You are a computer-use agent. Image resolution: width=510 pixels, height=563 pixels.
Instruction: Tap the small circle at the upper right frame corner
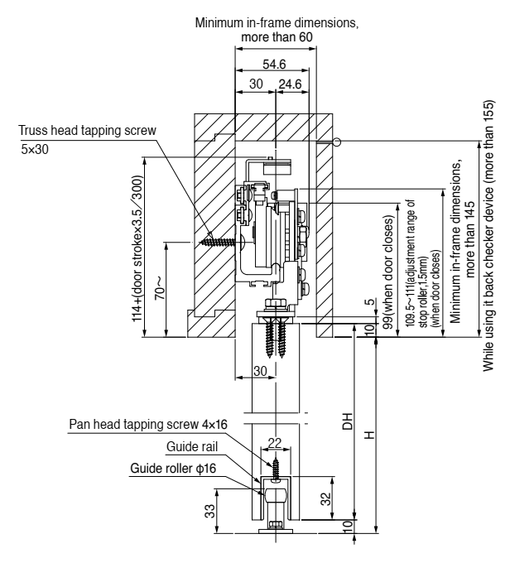[338, 142]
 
